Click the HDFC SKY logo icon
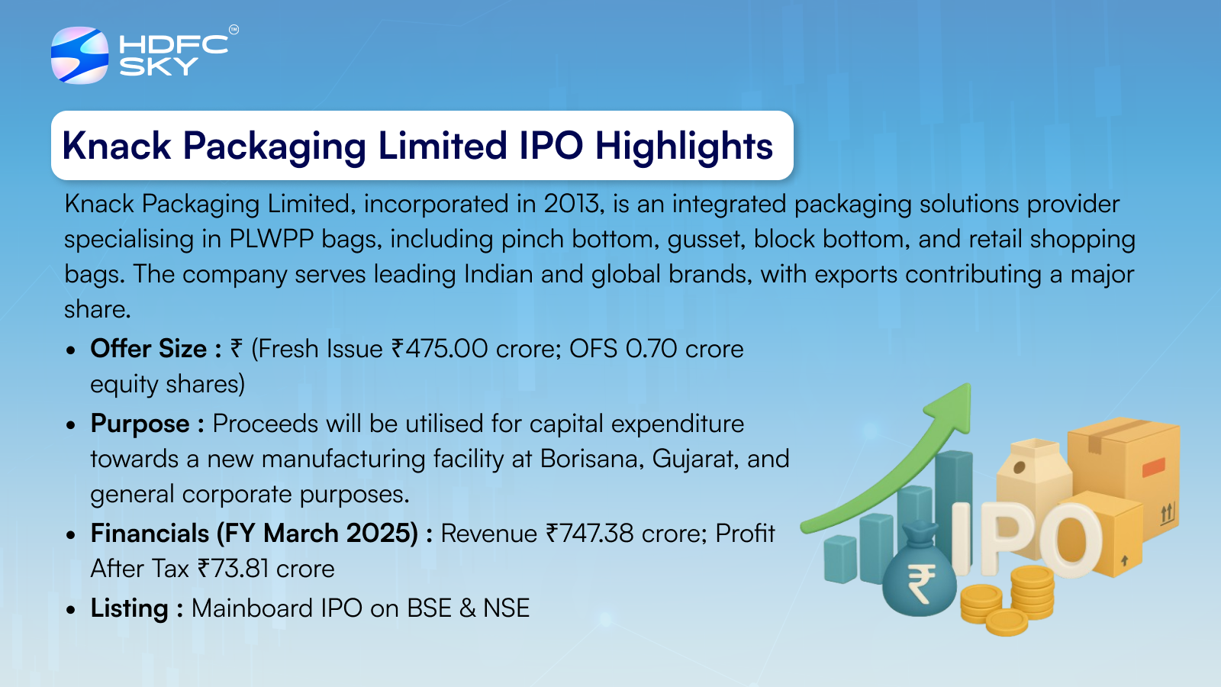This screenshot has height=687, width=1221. [79, 55]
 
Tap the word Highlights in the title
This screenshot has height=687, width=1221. [684, 146]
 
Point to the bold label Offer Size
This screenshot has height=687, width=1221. [148, 348]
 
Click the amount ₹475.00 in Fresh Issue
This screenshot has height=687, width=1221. [440, 349]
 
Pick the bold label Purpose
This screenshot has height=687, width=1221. [140, 424]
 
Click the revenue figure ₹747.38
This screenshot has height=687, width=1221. [590, 534]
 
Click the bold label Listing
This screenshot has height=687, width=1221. [129, 608]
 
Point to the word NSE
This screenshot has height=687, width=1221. [507, 608]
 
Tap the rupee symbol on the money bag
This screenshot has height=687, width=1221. [920, 583]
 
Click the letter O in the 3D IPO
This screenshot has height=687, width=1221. [1069, 539]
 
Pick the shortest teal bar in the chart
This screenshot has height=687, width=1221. [840, 559]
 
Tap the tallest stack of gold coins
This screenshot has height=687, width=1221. [1032, 592]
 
